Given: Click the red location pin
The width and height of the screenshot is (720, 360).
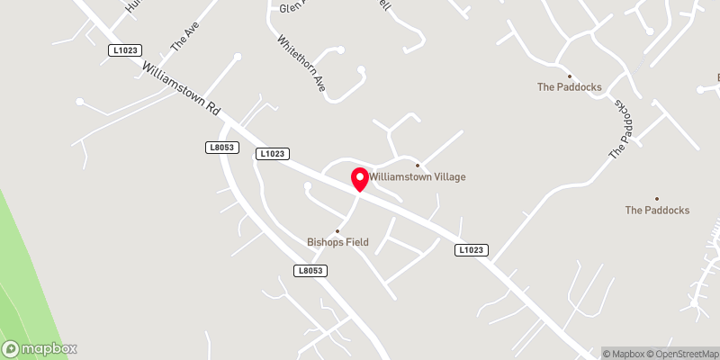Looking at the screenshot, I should click(x=359, y=178).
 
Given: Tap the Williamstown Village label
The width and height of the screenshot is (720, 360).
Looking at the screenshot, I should click(x=417, y=177).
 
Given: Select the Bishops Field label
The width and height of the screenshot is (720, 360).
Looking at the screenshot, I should click(x=338, y=242).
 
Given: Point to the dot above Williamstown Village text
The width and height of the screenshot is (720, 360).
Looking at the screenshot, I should click(x=417, y=165).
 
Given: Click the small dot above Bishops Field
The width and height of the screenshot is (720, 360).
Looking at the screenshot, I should click(x=338, y=230).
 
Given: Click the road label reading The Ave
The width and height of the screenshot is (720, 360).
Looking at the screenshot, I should click(x=184, y=37).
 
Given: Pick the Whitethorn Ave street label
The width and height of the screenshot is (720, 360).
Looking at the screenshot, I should click(x=301, y=64).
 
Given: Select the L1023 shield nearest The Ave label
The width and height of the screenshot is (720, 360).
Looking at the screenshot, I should click(x=125, y=51).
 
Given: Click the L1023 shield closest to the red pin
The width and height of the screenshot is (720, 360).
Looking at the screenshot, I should click(x=272, y=154).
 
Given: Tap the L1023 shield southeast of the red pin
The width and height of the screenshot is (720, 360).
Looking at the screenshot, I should click(x=472, y=249).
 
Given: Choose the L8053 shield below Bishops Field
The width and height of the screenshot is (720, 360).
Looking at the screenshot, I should click(x=309, y=270).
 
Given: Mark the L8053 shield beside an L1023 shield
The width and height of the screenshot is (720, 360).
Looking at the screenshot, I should click(x=220, y=147).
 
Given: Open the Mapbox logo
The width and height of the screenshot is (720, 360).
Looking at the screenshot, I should click(x=40, y=348).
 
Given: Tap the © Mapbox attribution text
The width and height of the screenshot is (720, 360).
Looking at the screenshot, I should click(x=628, y=353).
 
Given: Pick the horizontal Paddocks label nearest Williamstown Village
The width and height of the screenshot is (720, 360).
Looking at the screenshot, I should click(x=569, y=87).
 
